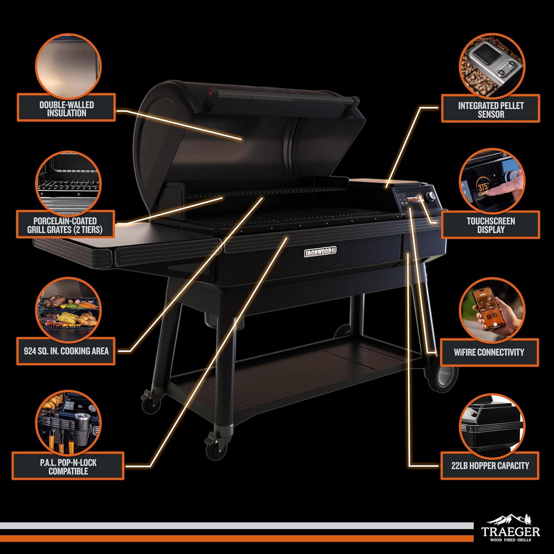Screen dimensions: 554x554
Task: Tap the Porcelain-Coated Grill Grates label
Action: point(65,225)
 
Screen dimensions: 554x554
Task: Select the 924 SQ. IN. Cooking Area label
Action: point(66,351)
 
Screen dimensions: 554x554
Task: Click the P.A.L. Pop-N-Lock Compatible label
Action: point(68,466)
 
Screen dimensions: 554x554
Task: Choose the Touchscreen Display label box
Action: point(490,225)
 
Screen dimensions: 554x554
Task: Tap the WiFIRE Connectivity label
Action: point(489,352)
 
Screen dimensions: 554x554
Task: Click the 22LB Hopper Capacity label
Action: point(490,465)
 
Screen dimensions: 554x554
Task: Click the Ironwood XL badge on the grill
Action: point(320,252)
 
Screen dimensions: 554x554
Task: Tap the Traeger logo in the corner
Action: point(510,529)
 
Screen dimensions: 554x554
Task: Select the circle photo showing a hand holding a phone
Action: point(492,310)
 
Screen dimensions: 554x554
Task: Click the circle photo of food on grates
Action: point(68,310)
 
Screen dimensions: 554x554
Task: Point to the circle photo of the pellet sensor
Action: point(492,66)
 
